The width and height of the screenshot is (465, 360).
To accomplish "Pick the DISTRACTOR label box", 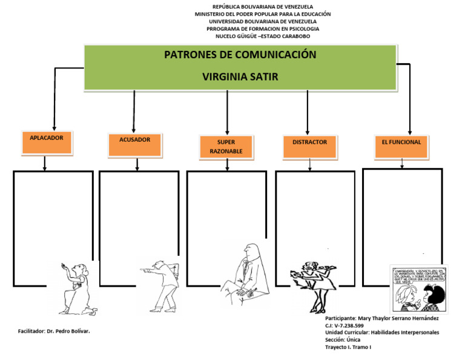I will click(x=309, y=146).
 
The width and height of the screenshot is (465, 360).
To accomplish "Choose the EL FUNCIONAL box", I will click(x=401, y=146).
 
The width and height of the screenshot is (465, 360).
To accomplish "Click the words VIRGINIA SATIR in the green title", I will click(x=240, y=77).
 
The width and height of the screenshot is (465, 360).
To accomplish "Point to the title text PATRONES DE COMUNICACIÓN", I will click(x=240, y=55).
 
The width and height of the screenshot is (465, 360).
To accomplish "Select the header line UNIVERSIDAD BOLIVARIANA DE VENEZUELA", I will click(x=262, y=21).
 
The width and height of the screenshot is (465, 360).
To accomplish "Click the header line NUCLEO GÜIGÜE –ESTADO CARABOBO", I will click(x=262, y=36).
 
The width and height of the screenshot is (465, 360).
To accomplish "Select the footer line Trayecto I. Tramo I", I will click(x=348, y=347).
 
